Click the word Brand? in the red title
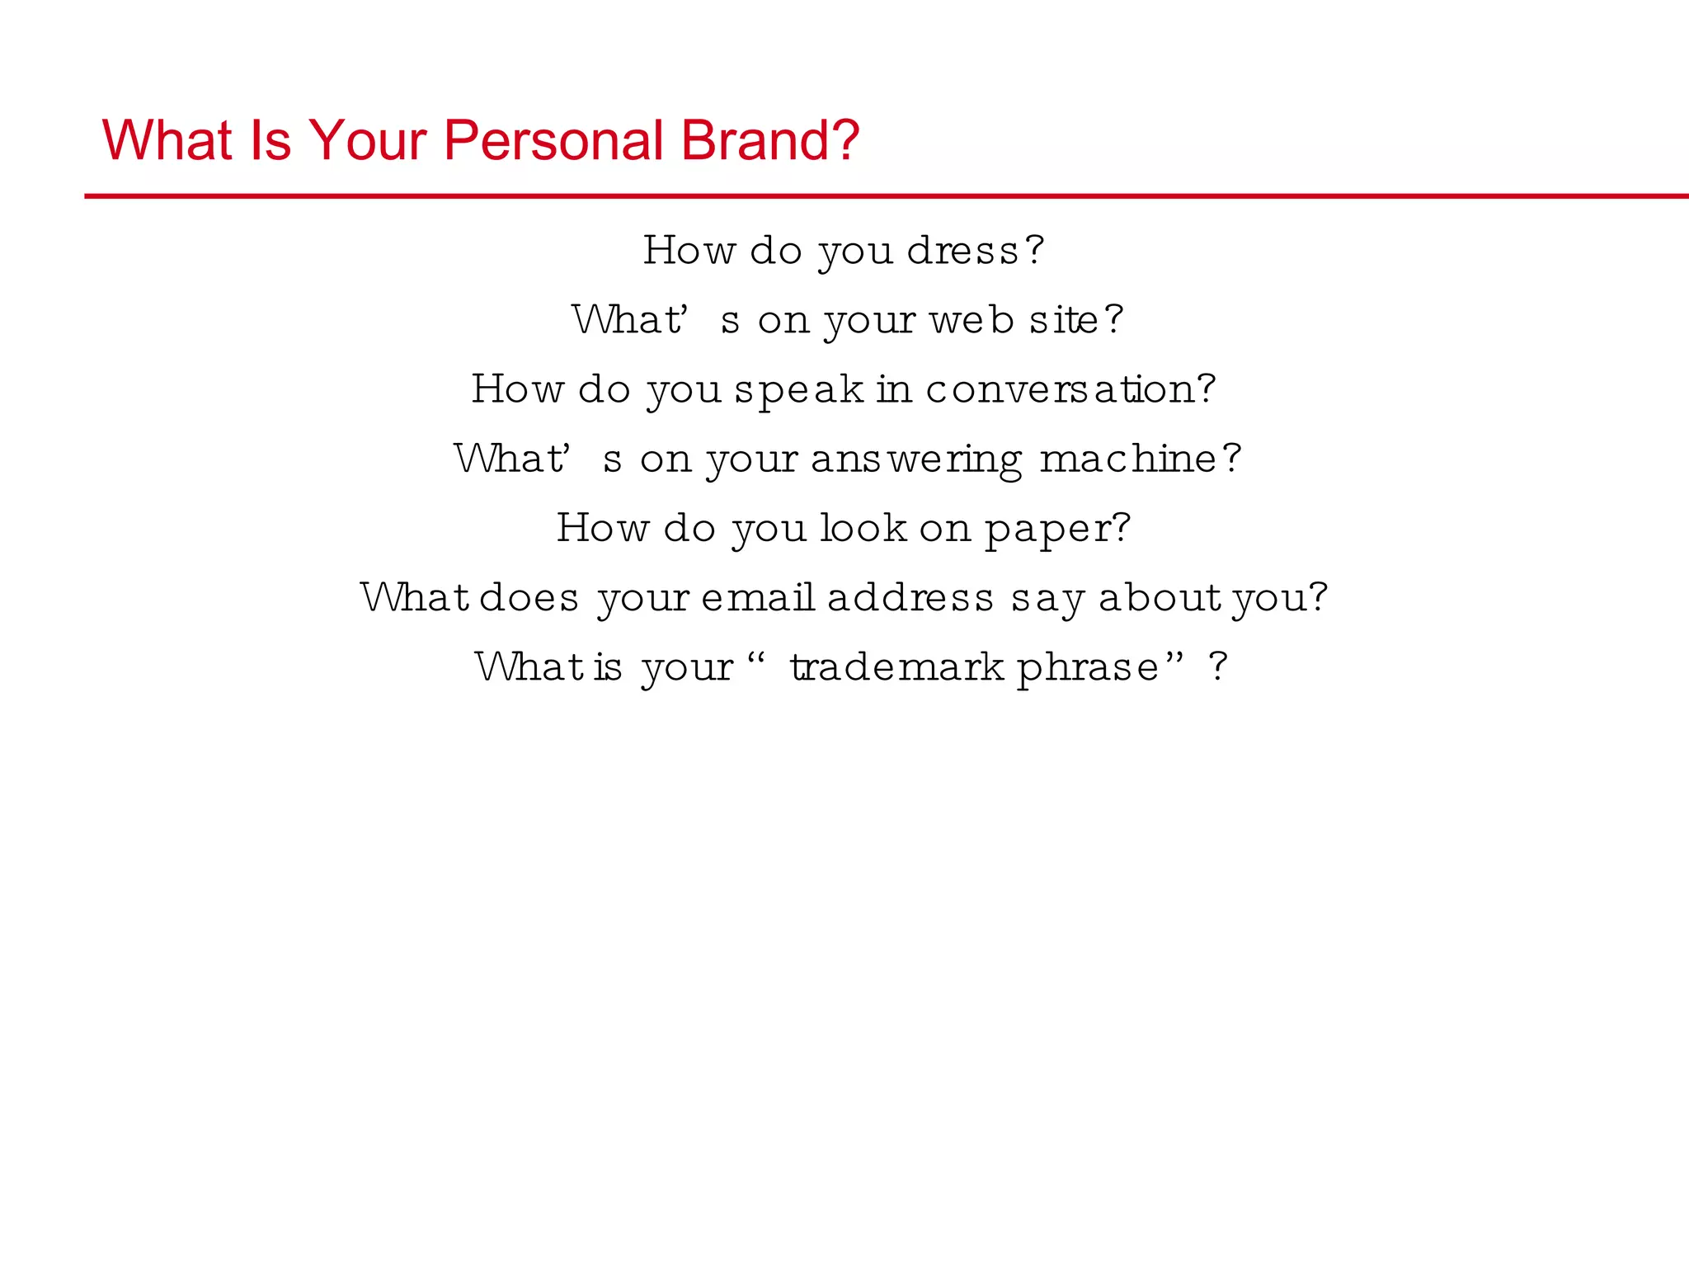[770, 140]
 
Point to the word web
[972, 320]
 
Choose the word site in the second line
[1064, 320]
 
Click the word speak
[798, 390]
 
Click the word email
[758, 597]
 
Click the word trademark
[896, 666]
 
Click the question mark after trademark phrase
[1218, 666]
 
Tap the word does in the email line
[529, 597]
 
